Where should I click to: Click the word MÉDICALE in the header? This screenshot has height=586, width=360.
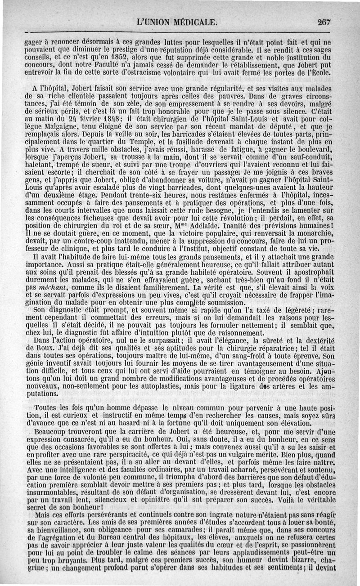197,21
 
